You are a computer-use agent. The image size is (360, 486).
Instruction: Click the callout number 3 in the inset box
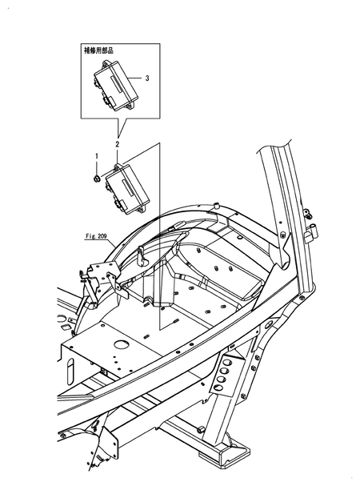pos(147,78)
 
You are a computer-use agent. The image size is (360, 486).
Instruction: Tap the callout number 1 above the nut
pos(96,156)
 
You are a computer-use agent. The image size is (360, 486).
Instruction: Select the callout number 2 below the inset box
pos(117,144)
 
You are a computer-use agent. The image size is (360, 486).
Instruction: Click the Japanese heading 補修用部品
pos(98,50)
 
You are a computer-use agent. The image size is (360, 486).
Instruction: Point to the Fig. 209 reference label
pos(96,236)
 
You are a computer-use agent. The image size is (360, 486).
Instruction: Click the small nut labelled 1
pos(97,179)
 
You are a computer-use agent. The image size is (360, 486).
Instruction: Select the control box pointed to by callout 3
pos(115,85)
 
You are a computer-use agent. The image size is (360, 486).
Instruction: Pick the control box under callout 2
pos(128,189)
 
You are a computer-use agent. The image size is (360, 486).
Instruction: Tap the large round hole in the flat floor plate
pos(121,344)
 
